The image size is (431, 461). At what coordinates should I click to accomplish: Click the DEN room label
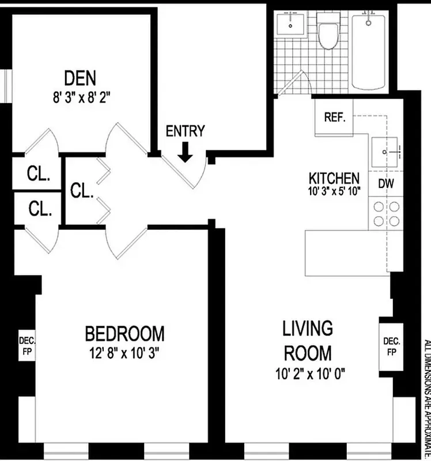[x=80, y=77]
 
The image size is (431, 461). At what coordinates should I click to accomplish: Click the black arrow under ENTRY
[x=184, y=152]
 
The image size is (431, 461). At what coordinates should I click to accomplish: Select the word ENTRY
[x=185, y=131]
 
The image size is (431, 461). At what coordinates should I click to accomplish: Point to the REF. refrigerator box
[x=334, y=118]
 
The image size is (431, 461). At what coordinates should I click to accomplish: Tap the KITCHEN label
[x=334, y=178]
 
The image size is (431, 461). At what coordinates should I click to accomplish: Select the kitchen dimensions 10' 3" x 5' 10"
[x=334, y=191]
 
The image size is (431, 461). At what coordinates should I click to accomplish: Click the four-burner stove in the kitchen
[x=385, y=213]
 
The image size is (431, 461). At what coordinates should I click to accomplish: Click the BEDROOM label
[x=124, y=334]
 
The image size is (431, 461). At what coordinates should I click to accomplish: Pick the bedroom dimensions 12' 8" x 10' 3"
[x=124, y=351]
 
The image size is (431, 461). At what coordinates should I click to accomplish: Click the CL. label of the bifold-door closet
[x=82, y=190]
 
